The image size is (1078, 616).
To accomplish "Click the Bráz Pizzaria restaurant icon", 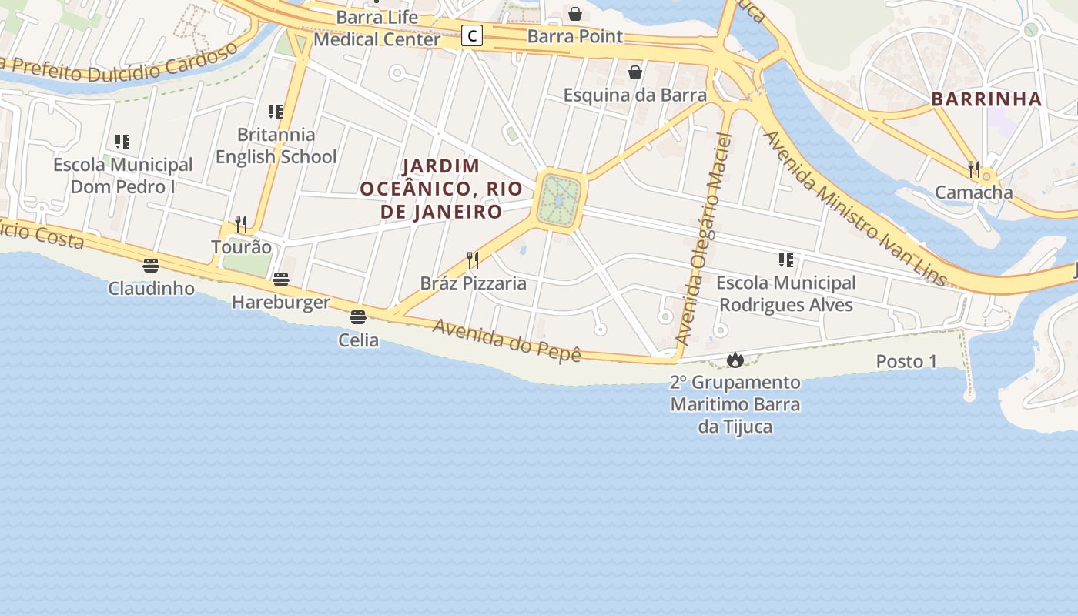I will point(473,260).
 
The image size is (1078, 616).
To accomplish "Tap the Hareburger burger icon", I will point(281,279).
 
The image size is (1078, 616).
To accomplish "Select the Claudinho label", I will point(151,289).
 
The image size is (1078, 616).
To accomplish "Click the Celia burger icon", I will point(357,316).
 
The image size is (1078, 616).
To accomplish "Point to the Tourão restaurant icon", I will point(241,224).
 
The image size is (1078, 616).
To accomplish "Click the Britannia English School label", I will point(276,146).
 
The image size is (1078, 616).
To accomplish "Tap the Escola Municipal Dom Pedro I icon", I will point(122,142).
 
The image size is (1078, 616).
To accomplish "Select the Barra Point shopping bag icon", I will point(574,14).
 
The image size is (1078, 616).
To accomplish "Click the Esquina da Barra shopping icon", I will point(635,72).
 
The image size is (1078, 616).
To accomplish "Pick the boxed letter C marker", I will point(472,35).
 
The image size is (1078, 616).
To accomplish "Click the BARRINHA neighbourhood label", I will point(986,99).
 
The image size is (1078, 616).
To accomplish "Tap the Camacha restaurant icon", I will point(974,169).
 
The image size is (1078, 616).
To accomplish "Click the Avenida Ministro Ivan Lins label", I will point(854,209).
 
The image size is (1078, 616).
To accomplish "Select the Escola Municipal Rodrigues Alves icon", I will point(785,260).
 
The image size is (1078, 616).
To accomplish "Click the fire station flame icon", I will point(735,360).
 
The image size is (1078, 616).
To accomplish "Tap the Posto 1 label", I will point(906,361).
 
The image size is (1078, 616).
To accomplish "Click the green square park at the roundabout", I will point(560,200).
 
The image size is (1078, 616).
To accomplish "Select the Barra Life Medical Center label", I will point(377,28).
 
